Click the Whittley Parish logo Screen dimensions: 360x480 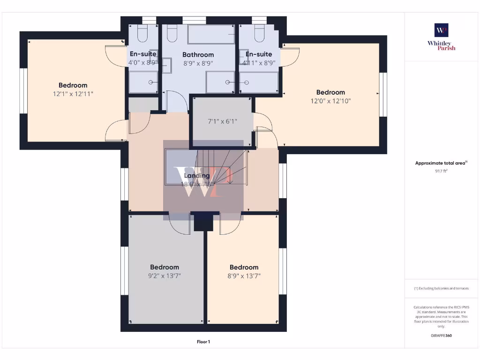pyautogui.click(x=441, y=37)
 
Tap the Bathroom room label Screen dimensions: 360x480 pyautogui.click(x=198, y=55)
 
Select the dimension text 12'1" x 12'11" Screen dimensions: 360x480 pyautogui.click(x=73, y=94)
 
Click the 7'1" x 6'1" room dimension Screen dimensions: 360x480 pyautogui.click(x=222, y=121)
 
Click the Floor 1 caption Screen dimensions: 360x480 pyautogui.click(x=203, y=342)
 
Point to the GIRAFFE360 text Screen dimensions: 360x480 pyautogui.click(x=441, y=336)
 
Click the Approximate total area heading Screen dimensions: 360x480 pyautogui.click(x=441, y=163)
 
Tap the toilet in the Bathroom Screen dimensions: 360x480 pyautogui.click(x=172, y=34)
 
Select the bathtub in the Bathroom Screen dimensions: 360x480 pyautogui.click(x=211, y=34)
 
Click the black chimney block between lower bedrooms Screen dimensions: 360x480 pyautogui.click(x=203, y=222)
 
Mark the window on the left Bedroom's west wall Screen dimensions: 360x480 pyautogui.click(x=22, y=90)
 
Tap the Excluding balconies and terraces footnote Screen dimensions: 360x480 pyautogui.click(x=441, y=288)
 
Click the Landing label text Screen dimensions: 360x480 pyautogui.click(x=197, y=175)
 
